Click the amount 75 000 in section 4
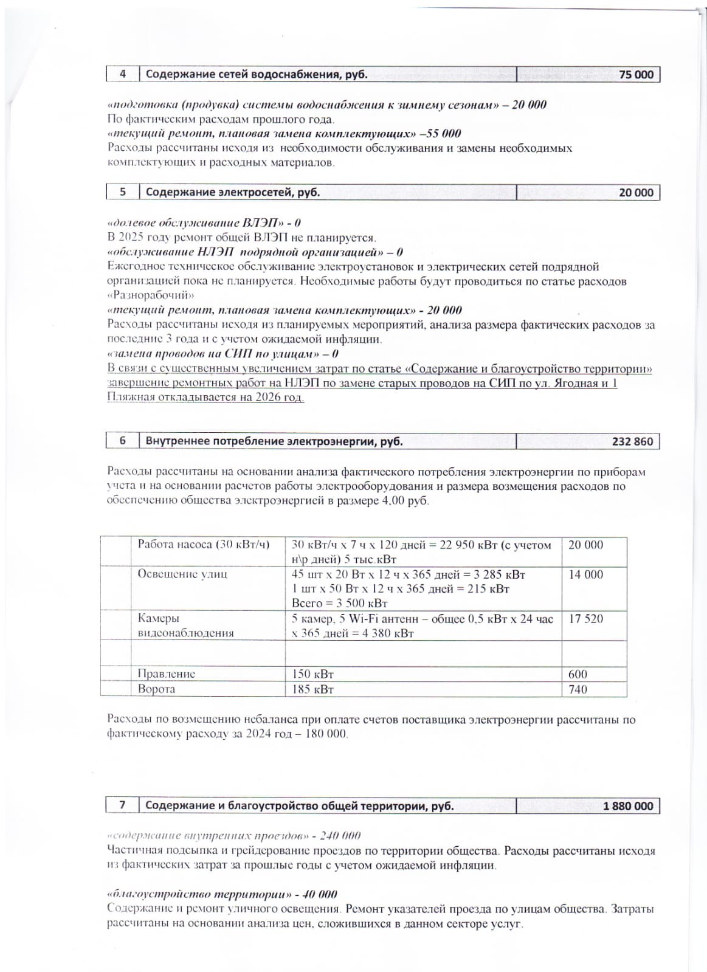pos(636,75)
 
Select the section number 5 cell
pos(123,192)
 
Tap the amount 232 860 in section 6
pos(632,441)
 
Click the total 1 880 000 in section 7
pos(628,806)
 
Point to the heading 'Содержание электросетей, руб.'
pos(232,192)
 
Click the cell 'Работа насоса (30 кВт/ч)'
pos(203,545)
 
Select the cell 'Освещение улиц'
pos(182,574)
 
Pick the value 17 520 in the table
pos(585,619)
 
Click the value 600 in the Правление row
pos(578,674)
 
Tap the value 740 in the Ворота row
pos(578,689)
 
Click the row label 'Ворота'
pos(156,689)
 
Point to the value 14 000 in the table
pos(585,574)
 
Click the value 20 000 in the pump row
pos(585,545)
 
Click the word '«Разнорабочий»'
pos(151,295)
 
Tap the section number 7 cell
pos(122,805)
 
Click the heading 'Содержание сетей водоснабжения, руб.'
pos(256,75)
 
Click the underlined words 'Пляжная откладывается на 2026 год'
pos(205,398)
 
